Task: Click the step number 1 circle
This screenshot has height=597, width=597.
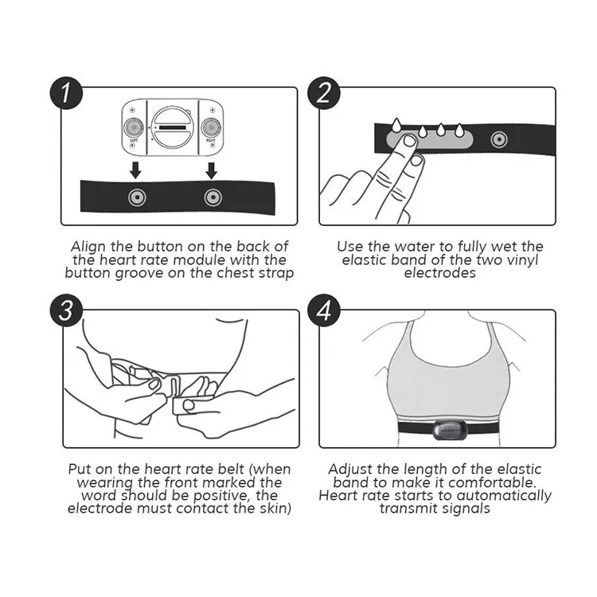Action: (x=66, y=93)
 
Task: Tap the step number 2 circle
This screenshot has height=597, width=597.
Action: (x=324, y=93)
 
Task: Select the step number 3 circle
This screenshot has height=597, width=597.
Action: (x=66, y=310)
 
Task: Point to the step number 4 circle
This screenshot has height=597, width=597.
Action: (x=324, y=310)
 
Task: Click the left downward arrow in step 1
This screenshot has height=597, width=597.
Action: (x=135, y=170)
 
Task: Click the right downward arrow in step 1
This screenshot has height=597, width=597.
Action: (x=211, y=170)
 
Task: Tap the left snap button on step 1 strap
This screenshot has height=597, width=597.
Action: (x=137, y=197)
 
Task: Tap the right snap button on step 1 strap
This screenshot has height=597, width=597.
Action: (x=213, y=197)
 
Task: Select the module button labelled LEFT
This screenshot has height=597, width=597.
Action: (x=134, y=127)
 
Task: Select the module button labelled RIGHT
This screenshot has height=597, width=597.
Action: (x=211, y=127)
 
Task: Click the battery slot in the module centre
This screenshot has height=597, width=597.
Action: (x=173, y=127)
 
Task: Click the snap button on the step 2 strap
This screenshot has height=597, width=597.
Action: (x=499, y=140)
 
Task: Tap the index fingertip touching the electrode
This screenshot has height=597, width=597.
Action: (x=410, y=141)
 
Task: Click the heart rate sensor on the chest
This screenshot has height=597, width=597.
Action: (x=448, y=430)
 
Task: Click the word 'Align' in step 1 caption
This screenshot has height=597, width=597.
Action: (x=88, y=248)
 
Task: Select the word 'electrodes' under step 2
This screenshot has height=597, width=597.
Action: (x=439, y=273)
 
